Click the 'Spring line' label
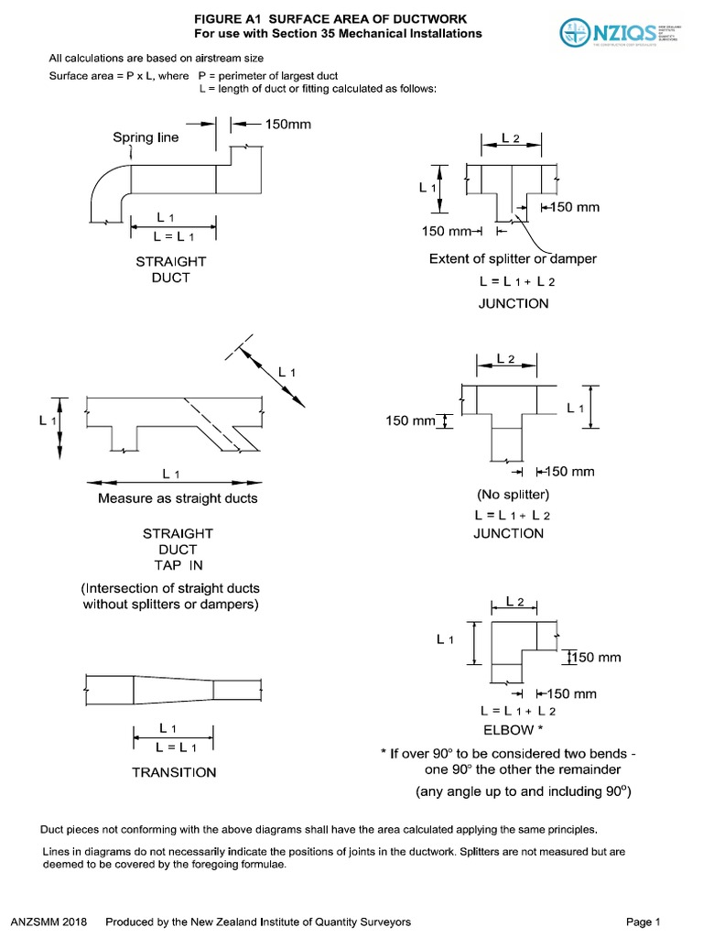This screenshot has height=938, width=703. (146, 137)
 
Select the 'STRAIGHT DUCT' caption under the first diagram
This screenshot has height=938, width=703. (171, 269)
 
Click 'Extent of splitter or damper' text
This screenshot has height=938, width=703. (513, 259)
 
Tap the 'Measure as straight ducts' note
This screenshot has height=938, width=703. (178, 498)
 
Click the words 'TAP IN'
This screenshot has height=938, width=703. (178, 565)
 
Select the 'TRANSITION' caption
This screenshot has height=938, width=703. (174, 772)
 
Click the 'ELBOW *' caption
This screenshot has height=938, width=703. (514, 730)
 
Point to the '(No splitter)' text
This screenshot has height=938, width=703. (513, 496)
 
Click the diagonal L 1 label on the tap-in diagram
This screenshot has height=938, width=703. (287, 371)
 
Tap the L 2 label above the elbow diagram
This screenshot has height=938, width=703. (514, 602)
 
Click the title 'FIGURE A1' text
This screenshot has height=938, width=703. (231, 19)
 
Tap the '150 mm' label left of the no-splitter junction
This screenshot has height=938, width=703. (409, 421)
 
